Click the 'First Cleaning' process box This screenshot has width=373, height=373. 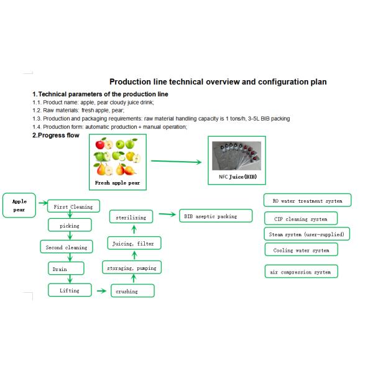73,207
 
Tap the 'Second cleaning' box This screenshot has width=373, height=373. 67,247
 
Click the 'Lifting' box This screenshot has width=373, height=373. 69,290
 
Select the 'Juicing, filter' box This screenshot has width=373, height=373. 132,244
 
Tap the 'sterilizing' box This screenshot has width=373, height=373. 131,218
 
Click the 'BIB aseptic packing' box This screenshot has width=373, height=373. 216,216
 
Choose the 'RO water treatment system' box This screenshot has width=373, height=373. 307,201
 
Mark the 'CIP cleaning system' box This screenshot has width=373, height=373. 302,219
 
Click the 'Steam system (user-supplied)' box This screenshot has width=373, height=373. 306,234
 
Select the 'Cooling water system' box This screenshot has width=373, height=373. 302,251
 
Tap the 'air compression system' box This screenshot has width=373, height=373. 302,272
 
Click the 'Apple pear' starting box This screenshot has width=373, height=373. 20,205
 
